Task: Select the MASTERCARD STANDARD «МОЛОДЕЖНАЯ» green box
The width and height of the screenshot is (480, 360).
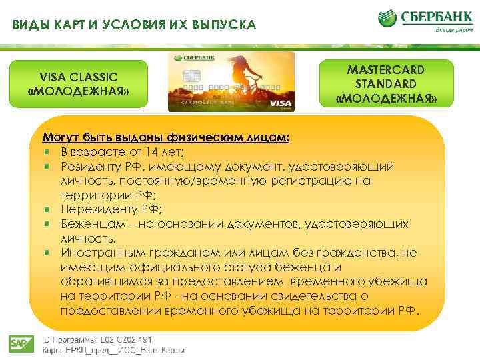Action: click(386, 84)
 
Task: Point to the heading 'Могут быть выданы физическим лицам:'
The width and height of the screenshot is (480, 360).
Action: click(166, 138)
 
